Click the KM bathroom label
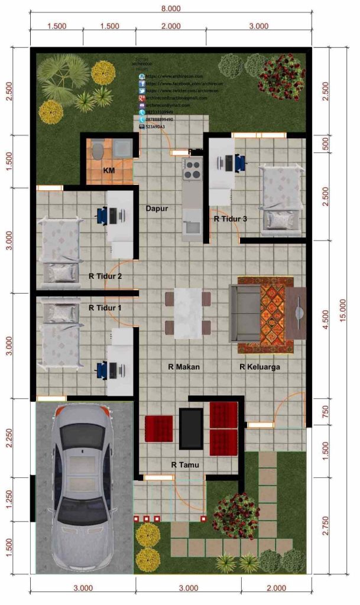tap(109, 171)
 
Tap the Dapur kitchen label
tap(157, 209)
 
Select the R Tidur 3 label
tap(231, 219)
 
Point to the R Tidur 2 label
tap(105, 275)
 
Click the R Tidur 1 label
tap(105, 308)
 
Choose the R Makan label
tap(184, 367)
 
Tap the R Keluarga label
tap(260, 367)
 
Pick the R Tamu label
tap(185, 465)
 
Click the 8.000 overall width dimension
tap(170, 8)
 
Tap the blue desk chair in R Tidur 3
tap(239, 160)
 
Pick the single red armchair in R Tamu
tap(158, 428)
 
